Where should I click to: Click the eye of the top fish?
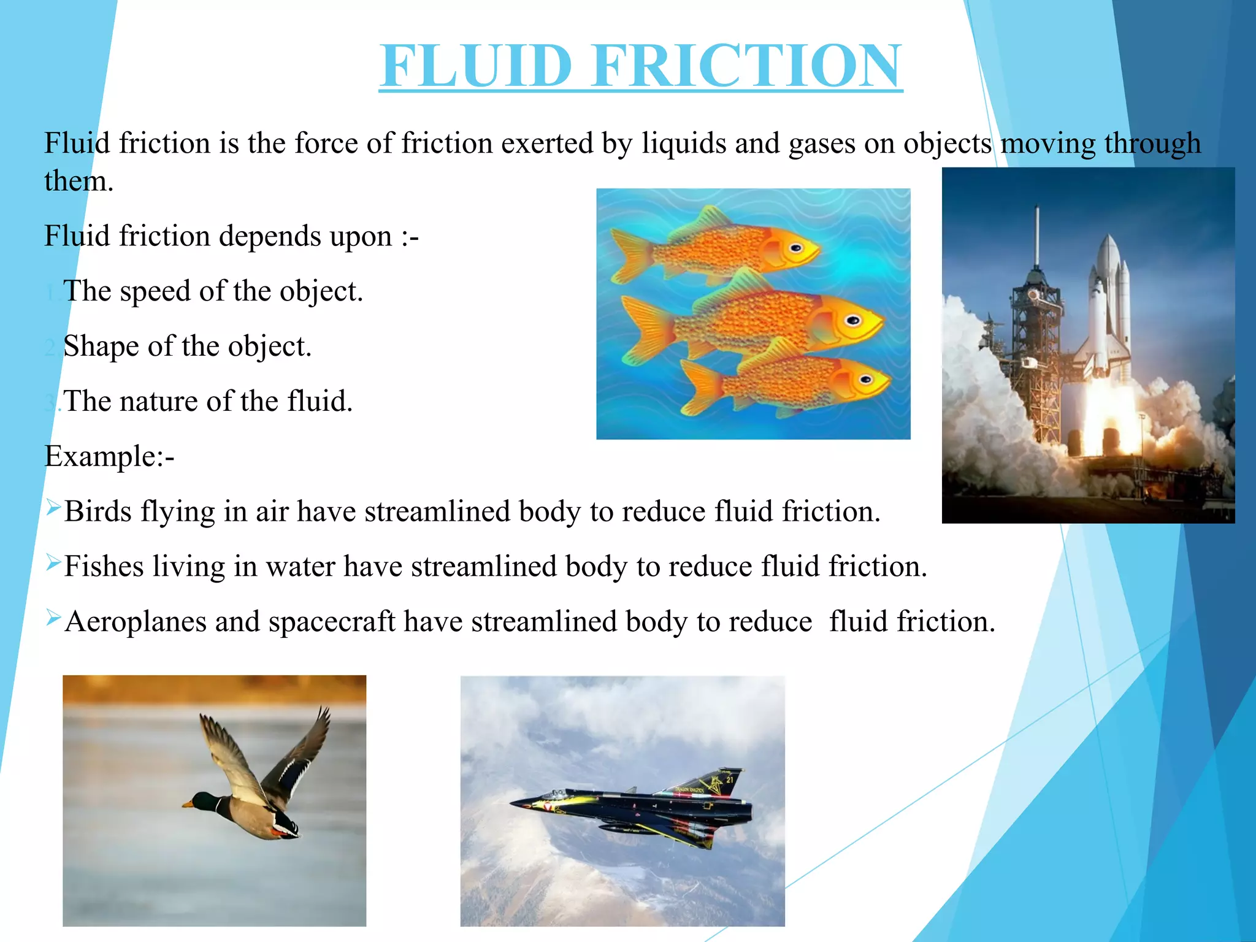click(795, 248)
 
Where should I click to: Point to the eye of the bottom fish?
click(865, 379)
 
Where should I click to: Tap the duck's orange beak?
click(186, 803)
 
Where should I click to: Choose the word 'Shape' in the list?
click(101, 347)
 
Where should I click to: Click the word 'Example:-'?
click(110, 456)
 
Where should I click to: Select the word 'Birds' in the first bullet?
click(98, 511)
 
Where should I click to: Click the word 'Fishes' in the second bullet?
click(104, 566)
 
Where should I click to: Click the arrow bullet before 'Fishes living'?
click(53, 562)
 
